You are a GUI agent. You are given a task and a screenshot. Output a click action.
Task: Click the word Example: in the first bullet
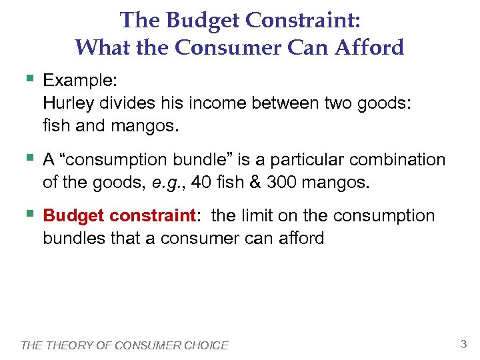point(80,81)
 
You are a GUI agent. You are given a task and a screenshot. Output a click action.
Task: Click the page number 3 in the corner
point(463,344)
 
